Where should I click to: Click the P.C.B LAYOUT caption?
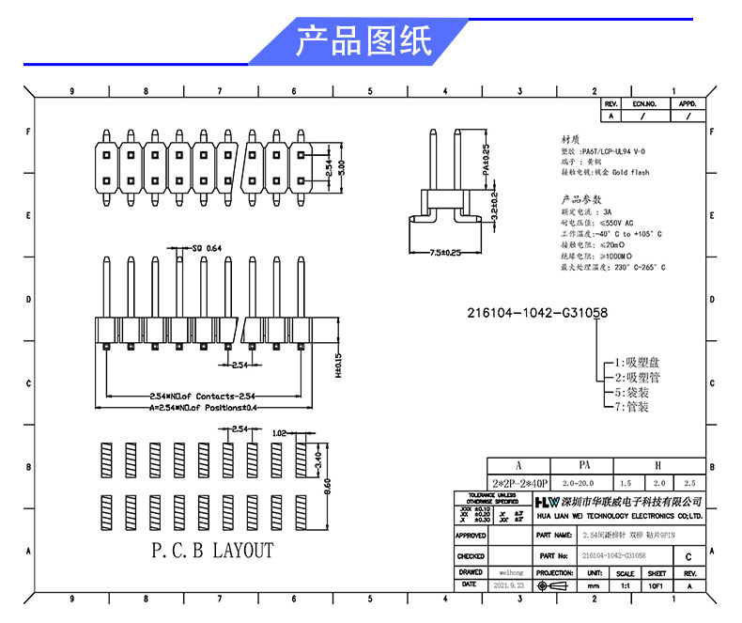(x=212, y=551)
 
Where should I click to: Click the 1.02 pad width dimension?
(x=278, y=433)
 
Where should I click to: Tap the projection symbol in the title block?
(x=554, y=585)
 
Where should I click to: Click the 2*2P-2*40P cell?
(x=518, y=482)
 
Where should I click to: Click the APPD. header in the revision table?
(x=688, y=103)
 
